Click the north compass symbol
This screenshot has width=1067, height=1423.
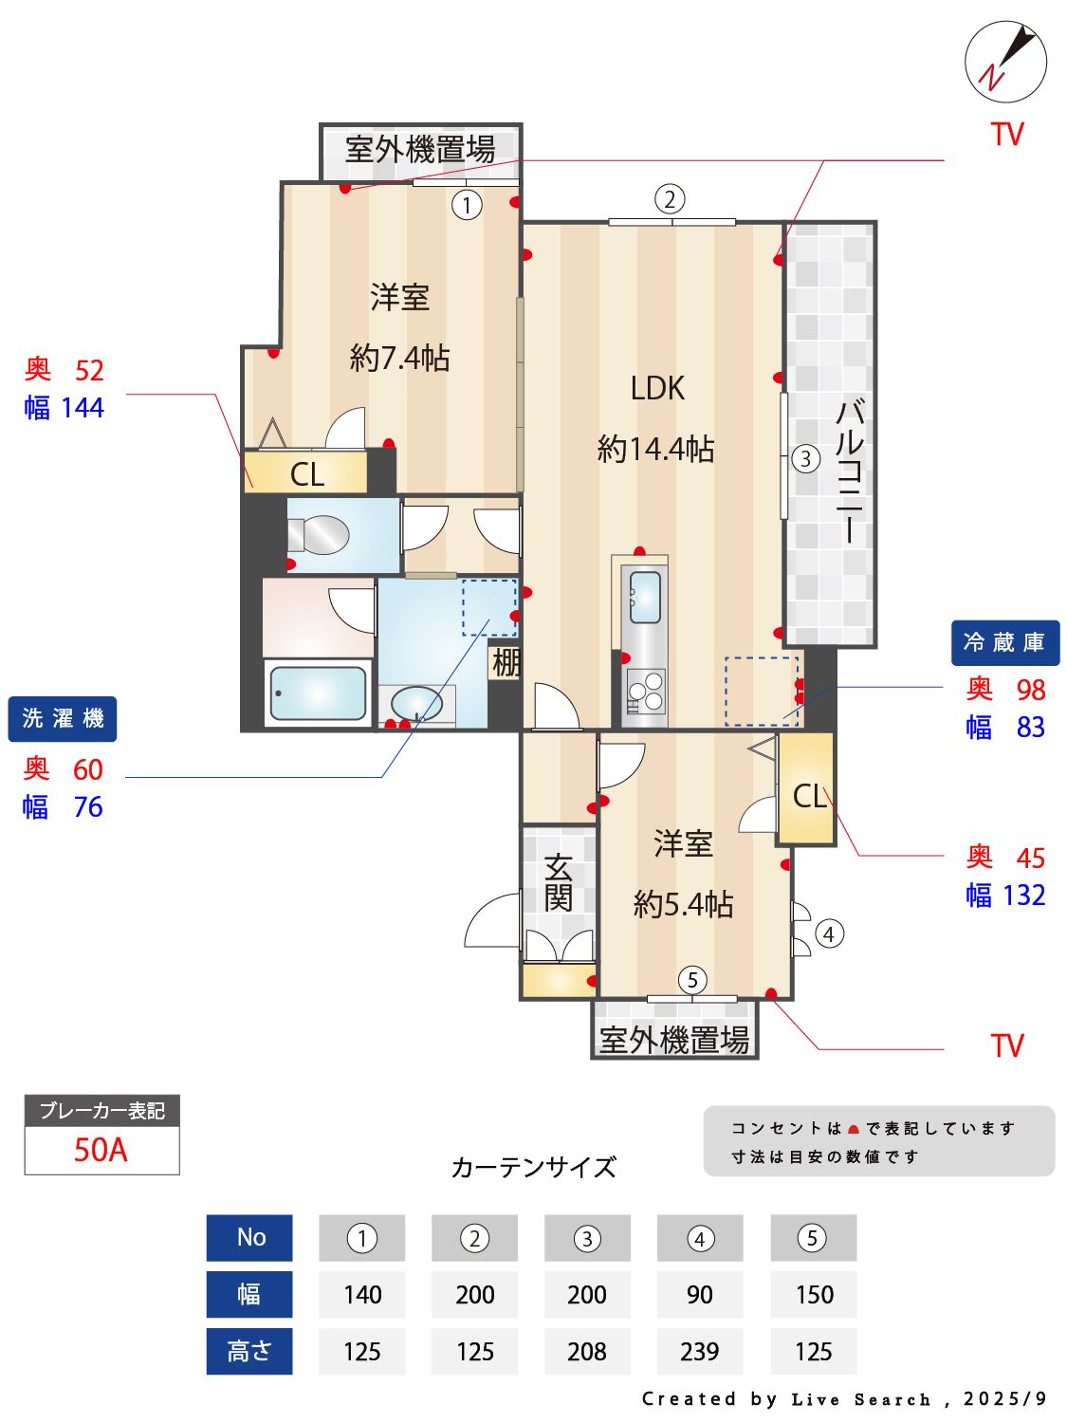(1005, 62)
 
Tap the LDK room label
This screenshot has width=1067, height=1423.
(657, 388)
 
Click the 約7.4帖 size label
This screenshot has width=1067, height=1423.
(399, 358)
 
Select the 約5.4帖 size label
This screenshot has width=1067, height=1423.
(683, 904)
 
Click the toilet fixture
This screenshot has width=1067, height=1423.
(320, 535)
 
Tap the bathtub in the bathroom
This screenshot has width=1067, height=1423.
(317, 693)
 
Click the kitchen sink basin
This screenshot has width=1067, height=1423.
(645, 597)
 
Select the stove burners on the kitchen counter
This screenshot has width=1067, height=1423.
(645, 692)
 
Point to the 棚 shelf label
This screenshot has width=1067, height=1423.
(506, 662)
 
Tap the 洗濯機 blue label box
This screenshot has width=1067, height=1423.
(63, 719)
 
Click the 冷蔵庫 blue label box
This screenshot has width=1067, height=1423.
(1004, 643)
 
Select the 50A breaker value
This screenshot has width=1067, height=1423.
(101, 1150)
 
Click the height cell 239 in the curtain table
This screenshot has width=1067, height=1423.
(699, 1351)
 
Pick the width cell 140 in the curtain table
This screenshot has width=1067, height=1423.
(362, 1294)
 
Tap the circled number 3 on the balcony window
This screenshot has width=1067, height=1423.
(805, 459)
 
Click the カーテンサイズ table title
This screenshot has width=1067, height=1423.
(533, 1167)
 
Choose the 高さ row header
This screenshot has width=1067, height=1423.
(249, 1351)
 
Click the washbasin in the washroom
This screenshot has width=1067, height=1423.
(416, 704)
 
